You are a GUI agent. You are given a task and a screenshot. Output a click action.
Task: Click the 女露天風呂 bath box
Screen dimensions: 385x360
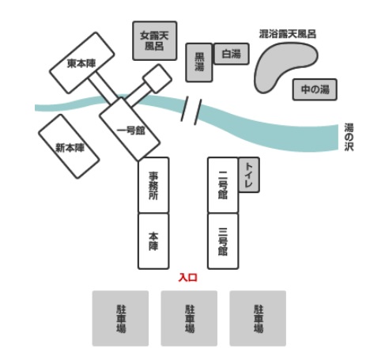pyautogui.click(x=154, y=41)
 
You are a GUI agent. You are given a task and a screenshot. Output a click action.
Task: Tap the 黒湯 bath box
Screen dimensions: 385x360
pyautogui.click(x=199, y=63)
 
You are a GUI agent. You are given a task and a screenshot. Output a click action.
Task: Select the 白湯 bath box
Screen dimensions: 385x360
pyautogui.click(x=232, y=54)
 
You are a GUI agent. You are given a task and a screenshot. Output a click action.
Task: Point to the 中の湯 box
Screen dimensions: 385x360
pyautogui.click(x=315, y=89)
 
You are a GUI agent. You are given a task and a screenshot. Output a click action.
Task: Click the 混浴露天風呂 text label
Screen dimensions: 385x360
pyautogui.click(x=288, y=34)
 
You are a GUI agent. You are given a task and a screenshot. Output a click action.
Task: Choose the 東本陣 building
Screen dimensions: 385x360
pyautogui.click(x=82, y=63)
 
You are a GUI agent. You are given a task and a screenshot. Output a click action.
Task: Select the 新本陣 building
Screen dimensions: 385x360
pyautogui.click(x=69, y=146)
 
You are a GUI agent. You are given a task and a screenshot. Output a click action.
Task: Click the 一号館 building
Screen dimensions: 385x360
pyautogui.click(x=130, y=129)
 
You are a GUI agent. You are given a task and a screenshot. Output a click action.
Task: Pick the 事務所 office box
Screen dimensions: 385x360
pyautogui.click(x=153, y=185)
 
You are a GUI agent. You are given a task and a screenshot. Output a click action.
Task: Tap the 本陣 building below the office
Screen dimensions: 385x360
pyautogui.click(x=153, y=241)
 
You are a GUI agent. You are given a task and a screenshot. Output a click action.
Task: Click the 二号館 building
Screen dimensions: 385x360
pyautogui.click(x=223, y=185)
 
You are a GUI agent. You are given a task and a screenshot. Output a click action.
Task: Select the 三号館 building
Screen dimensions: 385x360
pyautogui.click(x=223, y=241)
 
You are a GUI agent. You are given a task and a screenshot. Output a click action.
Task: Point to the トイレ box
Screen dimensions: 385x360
pyautogui.click(x=249, y=175)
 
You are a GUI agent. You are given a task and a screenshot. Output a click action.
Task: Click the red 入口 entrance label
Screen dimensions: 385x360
pyautogui.click(x=188, y=278)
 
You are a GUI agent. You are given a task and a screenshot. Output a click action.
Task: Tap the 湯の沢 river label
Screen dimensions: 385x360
pyautogui.click(x=349, y=137)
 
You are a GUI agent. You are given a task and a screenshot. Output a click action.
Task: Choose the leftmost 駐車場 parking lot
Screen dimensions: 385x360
pyautogui.click(x=120, y=318)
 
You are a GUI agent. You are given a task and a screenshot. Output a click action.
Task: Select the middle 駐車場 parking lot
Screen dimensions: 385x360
pyautogui.click(x=189, y=318)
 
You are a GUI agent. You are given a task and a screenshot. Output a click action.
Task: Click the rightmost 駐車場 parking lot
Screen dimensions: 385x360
pyautogui.click(x=258, y=318)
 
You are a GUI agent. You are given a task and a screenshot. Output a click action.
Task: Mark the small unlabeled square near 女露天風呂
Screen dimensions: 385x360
pyautogui.click(x=157, y=78)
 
